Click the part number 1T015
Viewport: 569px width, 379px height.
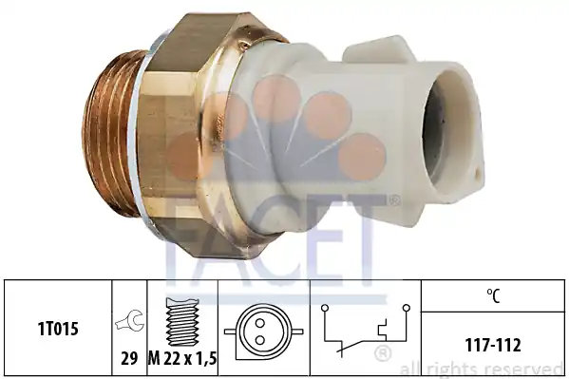tap(58, 330)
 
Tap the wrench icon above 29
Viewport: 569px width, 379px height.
tap(129, 320)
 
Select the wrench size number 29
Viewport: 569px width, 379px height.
tap(129, 359)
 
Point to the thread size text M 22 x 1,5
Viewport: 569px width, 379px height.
tap(182, 359)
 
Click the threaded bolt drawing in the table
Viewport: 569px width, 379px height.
tap(182, 322)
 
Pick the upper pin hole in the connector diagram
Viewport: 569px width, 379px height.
tap(259, 322)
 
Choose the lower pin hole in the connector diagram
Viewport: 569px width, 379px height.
tap(259, 340)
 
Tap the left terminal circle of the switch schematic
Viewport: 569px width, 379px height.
tap(325, 308)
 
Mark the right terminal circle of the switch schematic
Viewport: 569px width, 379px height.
tap(406, 308)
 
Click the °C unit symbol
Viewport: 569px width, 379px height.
tap(493, 295)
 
